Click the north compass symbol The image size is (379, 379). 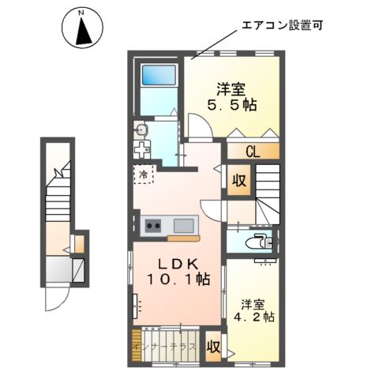[82, 28]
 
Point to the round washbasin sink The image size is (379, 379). [141, 130]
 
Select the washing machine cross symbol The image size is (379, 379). [142, 150]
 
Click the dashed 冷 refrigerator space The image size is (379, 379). [144, 174]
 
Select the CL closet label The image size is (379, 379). [253, 152]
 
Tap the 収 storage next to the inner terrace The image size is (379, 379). [212, 346]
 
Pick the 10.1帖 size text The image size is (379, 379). [177, 279]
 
